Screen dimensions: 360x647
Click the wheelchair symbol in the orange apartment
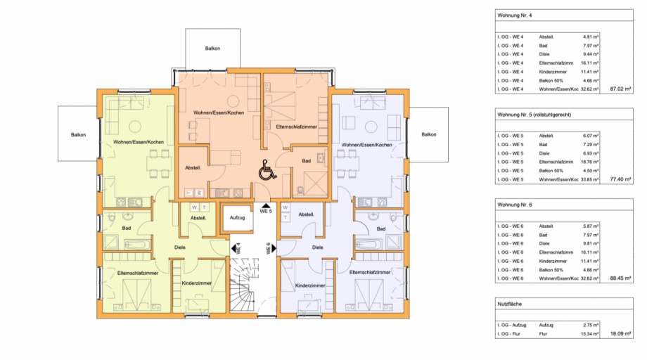(267, 170)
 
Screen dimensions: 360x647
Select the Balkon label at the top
(213, 49)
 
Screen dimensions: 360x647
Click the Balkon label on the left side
(77, 134)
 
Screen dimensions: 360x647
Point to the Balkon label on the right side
(428, 134)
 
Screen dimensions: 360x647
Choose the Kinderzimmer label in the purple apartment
(309, 285)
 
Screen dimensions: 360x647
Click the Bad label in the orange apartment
(307, 161)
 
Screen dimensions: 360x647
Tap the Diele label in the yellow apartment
(181, 247)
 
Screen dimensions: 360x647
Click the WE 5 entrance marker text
(265, 210)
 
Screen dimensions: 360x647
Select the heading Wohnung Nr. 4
(514, 14)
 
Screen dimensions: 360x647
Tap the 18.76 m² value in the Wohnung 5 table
(590, 161)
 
